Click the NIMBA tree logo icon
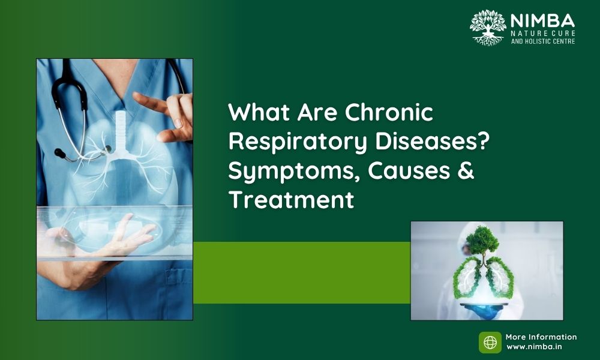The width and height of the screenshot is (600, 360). (x=488, y=28)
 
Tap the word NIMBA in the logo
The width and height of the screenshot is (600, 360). (x=542, y=21)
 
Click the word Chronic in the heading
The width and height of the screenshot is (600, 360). (x=389, y=112)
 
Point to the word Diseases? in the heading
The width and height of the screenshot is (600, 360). (x=433, y=141)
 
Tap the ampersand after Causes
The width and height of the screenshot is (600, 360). (x=466, y=170)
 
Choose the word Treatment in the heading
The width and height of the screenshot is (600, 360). (x=291, y=200)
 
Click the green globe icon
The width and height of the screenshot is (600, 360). (x=490, y=343)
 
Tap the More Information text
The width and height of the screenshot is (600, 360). (x=541, y=337)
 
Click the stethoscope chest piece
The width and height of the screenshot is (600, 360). (x=61, y=154)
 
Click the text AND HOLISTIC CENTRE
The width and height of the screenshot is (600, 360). (x=543, y=41)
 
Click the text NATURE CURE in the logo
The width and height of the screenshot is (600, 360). (x=543, y=33)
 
